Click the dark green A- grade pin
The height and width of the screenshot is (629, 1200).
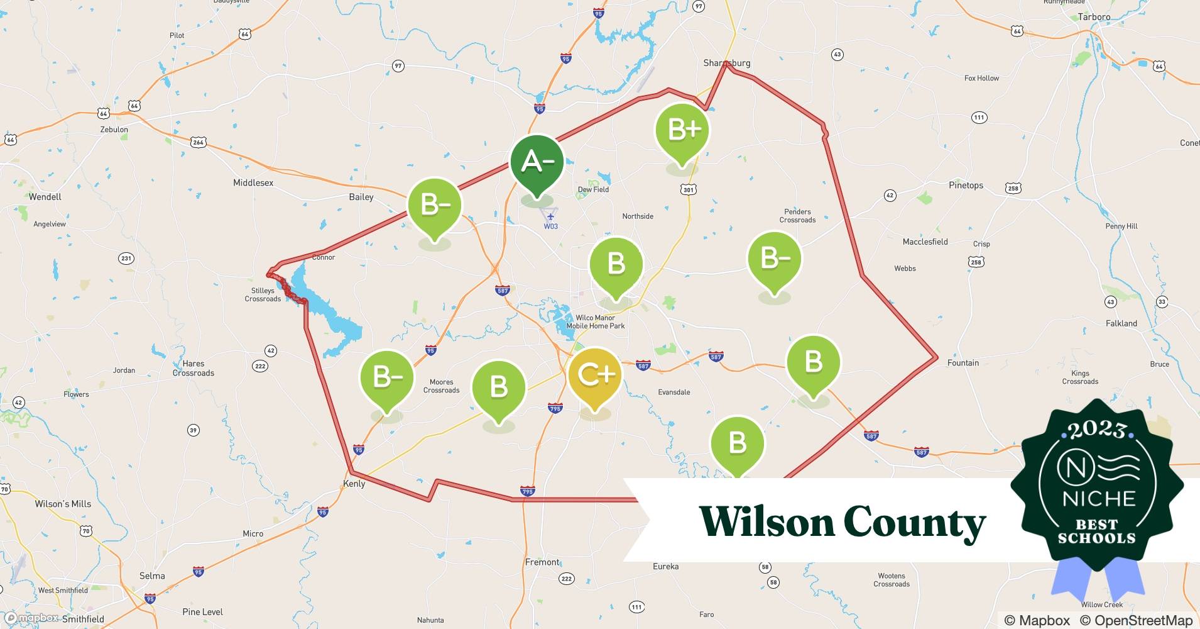[x=537, y=162]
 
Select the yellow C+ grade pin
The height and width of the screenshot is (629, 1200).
[x=594, y=375]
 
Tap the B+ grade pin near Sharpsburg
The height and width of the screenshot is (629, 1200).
[x=682, y=130]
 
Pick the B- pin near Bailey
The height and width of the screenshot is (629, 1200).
[x=435, y=205]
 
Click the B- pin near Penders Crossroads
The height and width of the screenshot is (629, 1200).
[x=774, y=259]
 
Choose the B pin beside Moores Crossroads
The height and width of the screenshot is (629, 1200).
[x=499, y=387]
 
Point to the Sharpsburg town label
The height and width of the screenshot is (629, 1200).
[x=726, y=63]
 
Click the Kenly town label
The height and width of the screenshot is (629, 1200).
[x=354, y=484]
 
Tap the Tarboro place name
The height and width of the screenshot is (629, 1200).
[x=1094, y=17]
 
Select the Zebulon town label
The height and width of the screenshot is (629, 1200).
[x=114, y=130]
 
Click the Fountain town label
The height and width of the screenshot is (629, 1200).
[x=963, y=363]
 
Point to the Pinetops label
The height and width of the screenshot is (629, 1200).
[x=966, y=185]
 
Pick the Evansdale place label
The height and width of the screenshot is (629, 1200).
[x=674, y=392]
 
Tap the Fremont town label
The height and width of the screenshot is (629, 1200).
[x=542, y=562]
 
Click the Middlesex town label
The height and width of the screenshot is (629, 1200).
[x=253, y=182]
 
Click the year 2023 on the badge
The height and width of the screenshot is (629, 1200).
[x=1098, y=430]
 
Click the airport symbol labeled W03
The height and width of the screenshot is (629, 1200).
[x=550, y=217]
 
